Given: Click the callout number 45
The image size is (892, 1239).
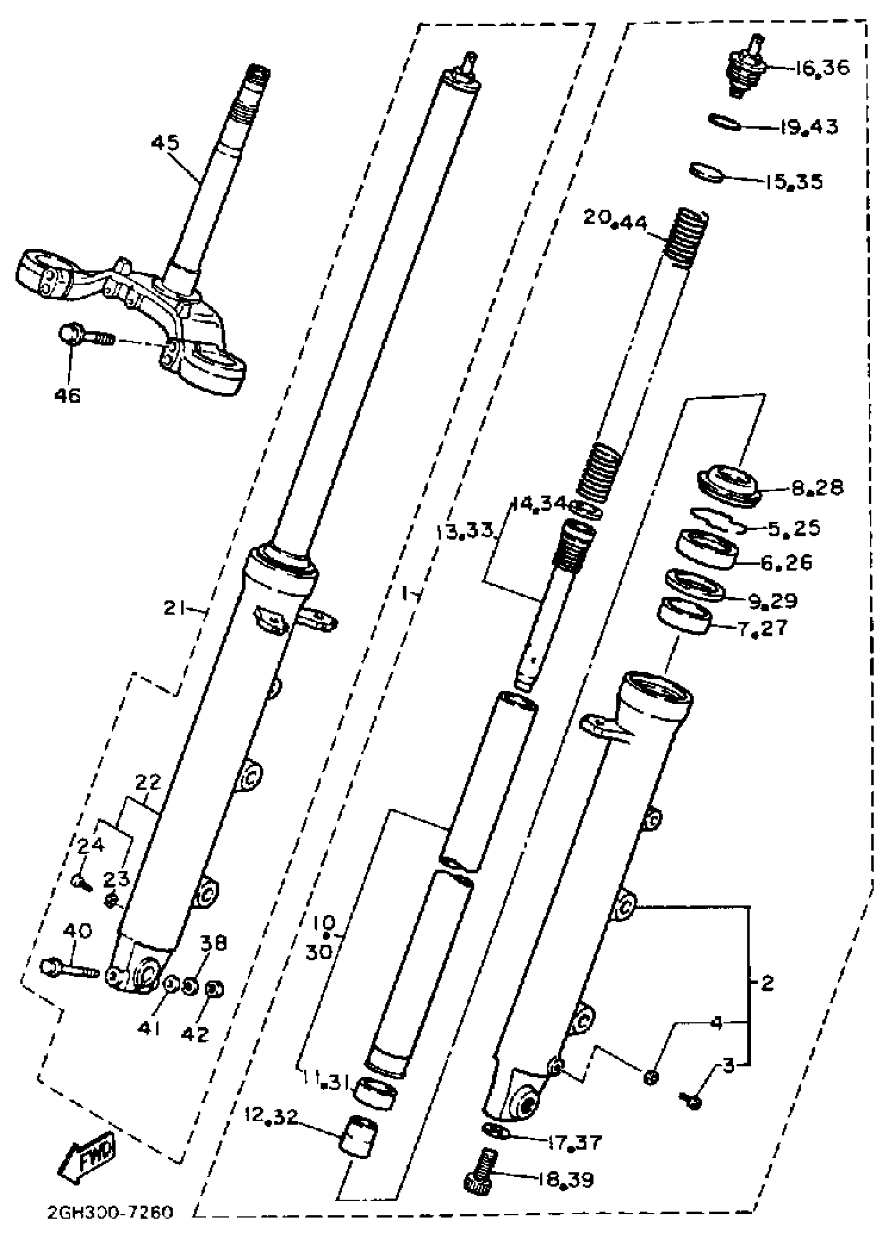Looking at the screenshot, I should click(x=165, y=144).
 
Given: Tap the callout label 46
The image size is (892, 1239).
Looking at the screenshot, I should click(x=67, y=395).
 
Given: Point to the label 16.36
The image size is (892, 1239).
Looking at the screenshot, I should click(x=822, y=68).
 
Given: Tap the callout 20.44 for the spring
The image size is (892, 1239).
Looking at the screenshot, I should click(x=614, y=219).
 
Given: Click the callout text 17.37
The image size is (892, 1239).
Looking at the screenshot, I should click(x=575, y=1142).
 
